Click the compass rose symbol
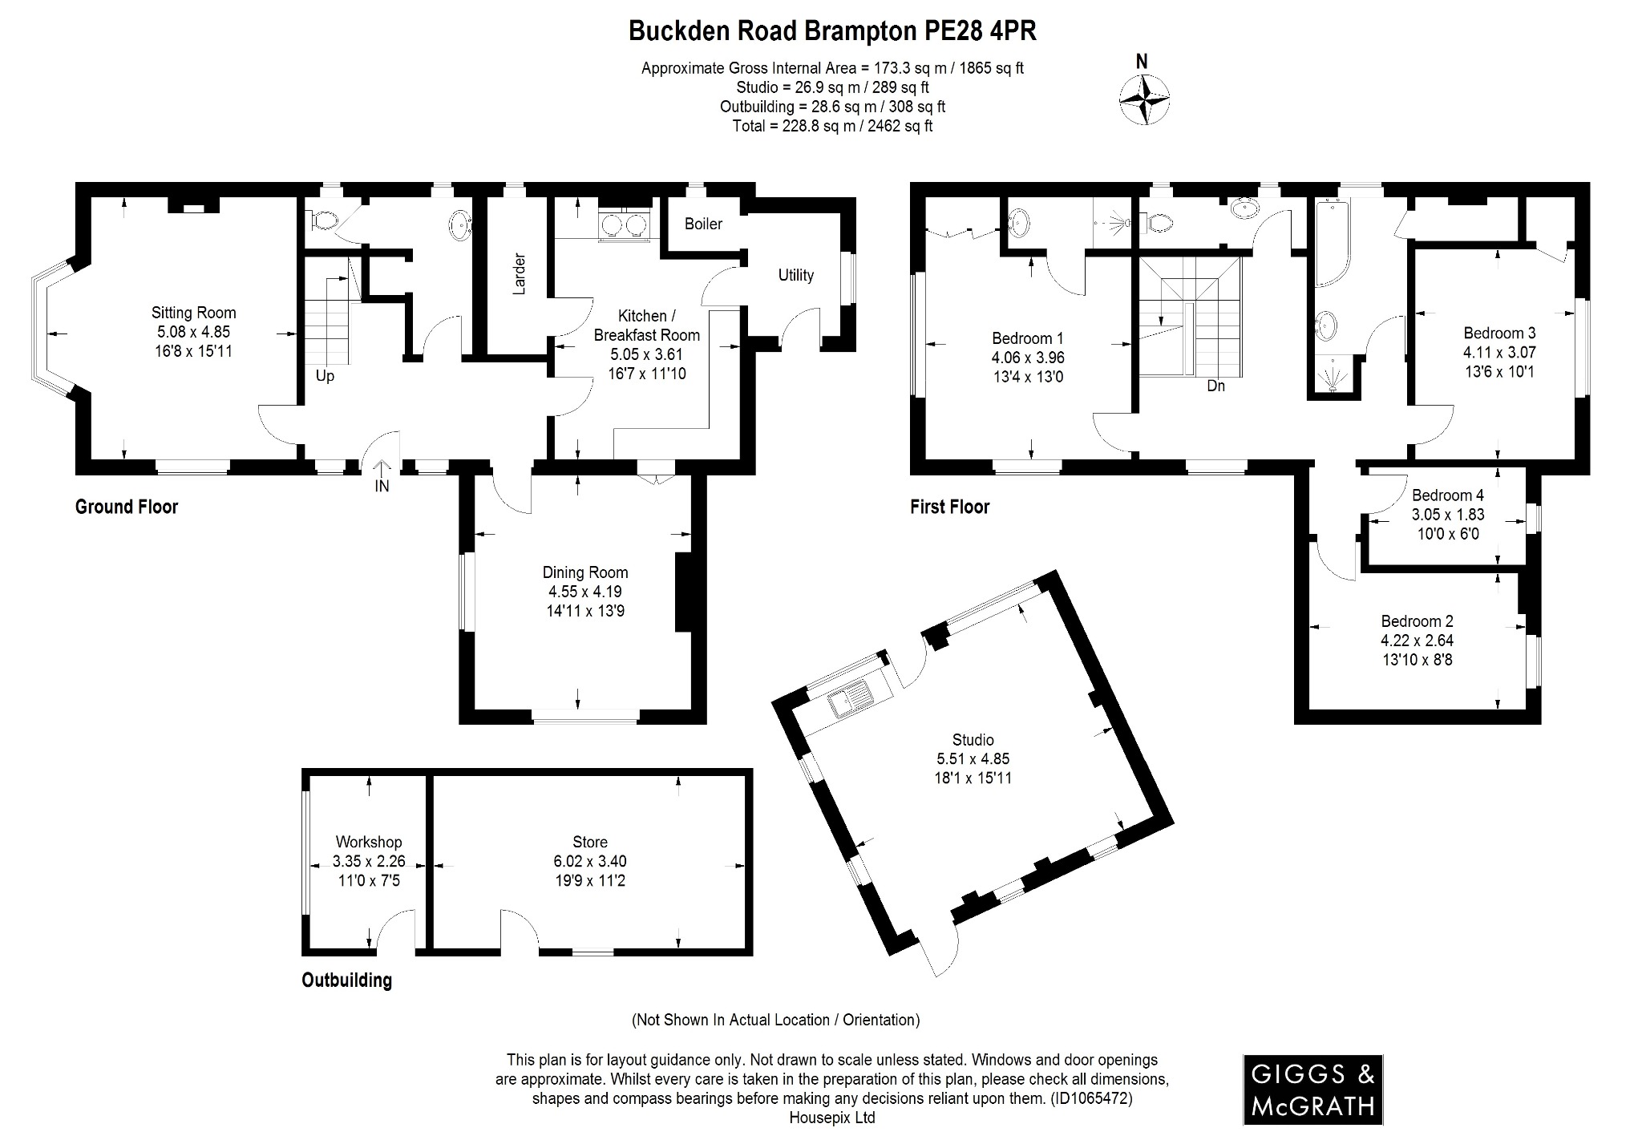coord(1143,99)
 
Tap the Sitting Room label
coord(194,313)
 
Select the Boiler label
coord(703,224)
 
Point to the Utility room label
coord(795,275)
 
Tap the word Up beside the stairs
coord(325,375)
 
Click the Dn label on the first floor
coord(1215,386)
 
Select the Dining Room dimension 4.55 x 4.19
coord(584,592)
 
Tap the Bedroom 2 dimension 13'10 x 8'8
coord(1417,660)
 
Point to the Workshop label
coord(369,842)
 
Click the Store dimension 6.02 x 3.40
coord(589,861)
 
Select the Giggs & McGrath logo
coord(1312,1089)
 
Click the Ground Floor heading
coord(127,507)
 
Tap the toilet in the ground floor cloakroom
coord(323,219)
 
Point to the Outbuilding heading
coord(346,980)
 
